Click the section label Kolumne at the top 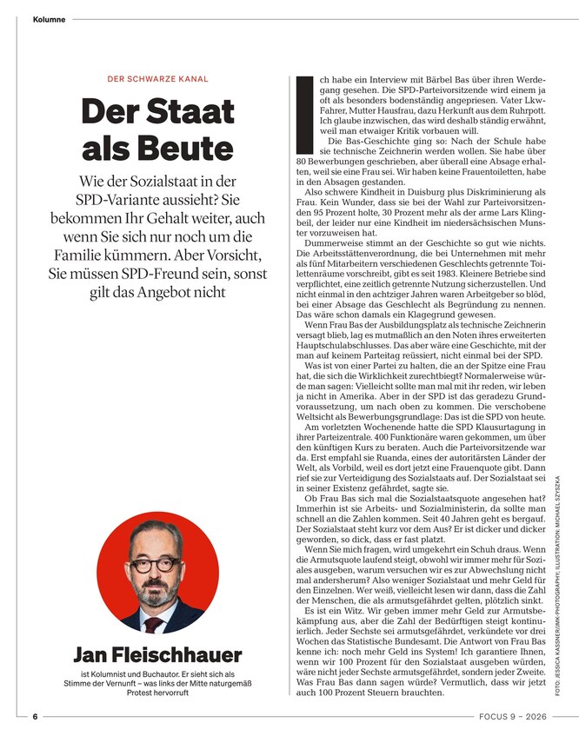tap(49, 19)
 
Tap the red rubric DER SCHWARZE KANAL tap(157, 79)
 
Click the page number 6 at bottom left tap(36, 718)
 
